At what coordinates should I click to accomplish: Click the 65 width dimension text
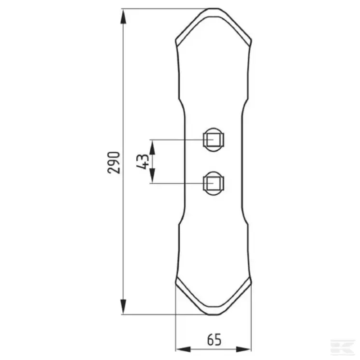[213, 340]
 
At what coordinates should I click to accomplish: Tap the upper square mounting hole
[213, 140]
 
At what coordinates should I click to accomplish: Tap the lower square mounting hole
[213, 183]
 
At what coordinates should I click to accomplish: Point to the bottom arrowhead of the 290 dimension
[124, 307]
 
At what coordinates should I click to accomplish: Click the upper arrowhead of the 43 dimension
[153, 146]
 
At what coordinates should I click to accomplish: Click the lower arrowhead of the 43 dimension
[153, 177]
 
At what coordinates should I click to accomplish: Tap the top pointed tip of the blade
[213, 9]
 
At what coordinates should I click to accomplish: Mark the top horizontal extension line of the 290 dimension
[164, 8]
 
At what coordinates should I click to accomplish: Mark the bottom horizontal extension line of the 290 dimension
[164, 315]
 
